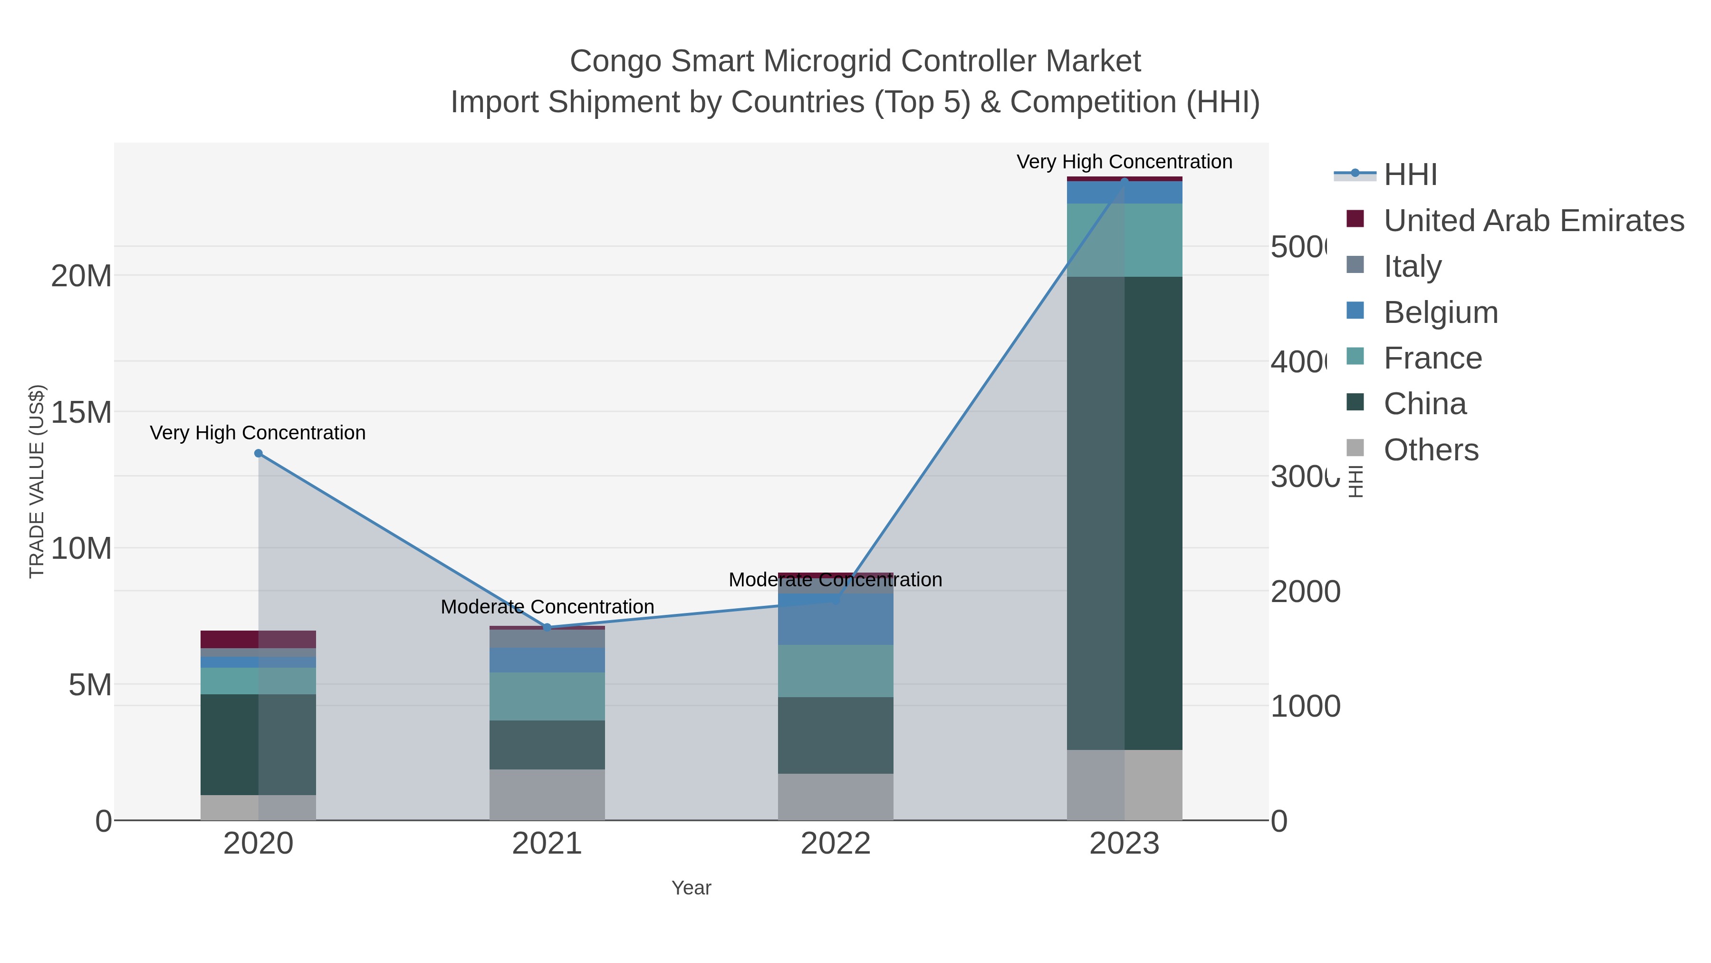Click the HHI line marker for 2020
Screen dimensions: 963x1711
pyautogui.click(x=259, y=453)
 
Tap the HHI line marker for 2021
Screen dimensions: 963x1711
pyautogui.click(x=547, y=627)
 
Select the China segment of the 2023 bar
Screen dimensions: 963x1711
pyautogui.click(x=1124, y=513)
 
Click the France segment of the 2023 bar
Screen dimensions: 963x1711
pyautogui.click(x=1124, y=240)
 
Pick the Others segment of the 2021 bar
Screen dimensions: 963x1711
pyautogui.click(x=547, y=794)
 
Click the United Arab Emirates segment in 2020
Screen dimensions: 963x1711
pyautogui.click(x=259, y=639)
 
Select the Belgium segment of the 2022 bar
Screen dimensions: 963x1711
pyautogui.click(x=835, y=619)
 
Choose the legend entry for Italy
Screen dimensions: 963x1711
pyautogui.click(x=1412, y=266)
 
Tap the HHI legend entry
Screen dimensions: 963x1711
pyautogui.click(x=1410, y=175)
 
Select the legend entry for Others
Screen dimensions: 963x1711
pyautogui.click(x=1430, y=450)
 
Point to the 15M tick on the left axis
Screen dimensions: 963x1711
pyautogui.click(x=81, y=412)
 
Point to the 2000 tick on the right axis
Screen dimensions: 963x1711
pyautogui.click(x=1305, y=592)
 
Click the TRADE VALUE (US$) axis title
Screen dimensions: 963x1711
pyautogui.click(x=37, y=481)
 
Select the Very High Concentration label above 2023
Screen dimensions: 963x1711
pyautogui.click(x=1124, y=162)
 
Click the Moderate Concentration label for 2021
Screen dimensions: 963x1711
pyautogui.click(x=547, y=607)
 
